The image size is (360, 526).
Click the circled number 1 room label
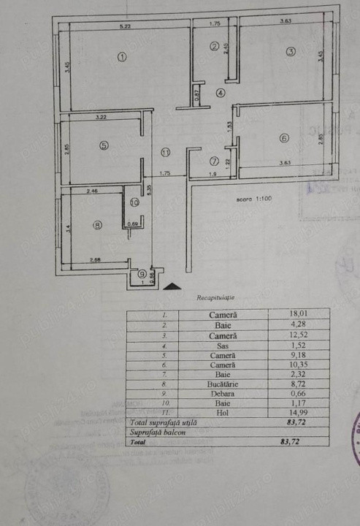tap(122, 58)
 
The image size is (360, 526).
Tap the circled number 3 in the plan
tap(290, 51)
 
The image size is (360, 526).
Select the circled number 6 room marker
tap(284, 138)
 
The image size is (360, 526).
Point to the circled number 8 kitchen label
tap(98, 226)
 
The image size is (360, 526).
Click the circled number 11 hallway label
tap(166, 153)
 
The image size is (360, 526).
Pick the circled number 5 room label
tap(104, 145)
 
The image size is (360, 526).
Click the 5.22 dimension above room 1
tap(125, 26)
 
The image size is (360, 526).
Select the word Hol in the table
tap(222, 412)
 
